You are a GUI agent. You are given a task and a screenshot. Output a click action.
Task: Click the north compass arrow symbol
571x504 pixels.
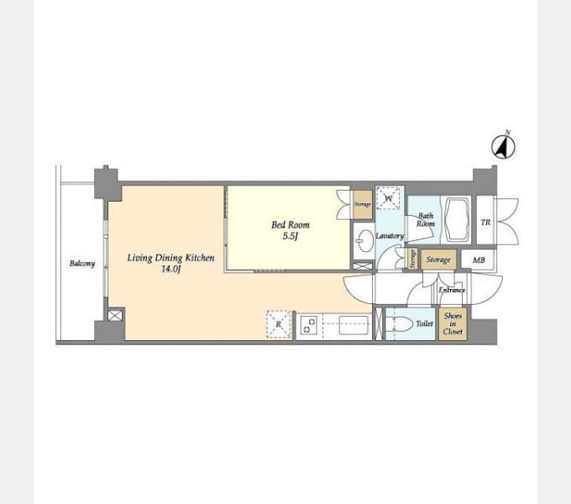coord(503,147)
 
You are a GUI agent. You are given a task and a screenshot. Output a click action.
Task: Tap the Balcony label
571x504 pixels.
coord(82,263)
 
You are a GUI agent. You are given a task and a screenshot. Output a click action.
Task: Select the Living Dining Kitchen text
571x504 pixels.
coord(170,258)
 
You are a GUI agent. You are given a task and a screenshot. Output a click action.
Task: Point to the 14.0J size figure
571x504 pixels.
coord(170,269)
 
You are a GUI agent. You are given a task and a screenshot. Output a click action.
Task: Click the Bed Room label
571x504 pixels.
coord(291,224)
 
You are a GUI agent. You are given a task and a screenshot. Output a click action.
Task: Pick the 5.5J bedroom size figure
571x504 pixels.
coord(291,236)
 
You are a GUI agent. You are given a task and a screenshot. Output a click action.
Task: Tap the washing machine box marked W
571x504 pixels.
coord(388,198)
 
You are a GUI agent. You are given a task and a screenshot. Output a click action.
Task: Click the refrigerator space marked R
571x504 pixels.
coord(279,324)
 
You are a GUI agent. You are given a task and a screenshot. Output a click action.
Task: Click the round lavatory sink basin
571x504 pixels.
coord(364,241)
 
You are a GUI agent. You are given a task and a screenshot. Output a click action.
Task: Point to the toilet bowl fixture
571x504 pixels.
coord(400,323)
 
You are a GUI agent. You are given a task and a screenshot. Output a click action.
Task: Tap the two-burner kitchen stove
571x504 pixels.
coord(310,325)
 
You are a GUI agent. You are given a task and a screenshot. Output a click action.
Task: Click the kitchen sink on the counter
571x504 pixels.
coord(354,325)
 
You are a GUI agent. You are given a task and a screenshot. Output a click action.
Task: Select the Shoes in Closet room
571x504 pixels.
coord(453,324)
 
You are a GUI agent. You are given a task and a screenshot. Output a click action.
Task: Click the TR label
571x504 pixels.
coord(486,222)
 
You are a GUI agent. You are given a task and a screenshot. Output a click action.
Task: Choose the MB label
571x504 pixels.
coord(479,260)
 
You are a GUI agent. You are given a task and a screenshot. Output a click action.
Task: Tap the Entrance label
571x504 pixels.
coord(452,290)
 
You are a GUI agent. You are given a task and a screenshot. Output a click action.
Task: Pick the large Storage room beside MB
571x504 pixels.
coord(438,260)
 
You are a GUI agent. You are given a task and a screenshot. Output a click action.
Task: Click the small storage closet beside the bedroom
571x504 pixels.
coord(363,205)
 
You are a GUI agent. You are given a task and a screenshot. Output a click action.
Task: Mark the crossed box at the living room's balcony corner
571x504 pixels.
coord(115,315)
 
